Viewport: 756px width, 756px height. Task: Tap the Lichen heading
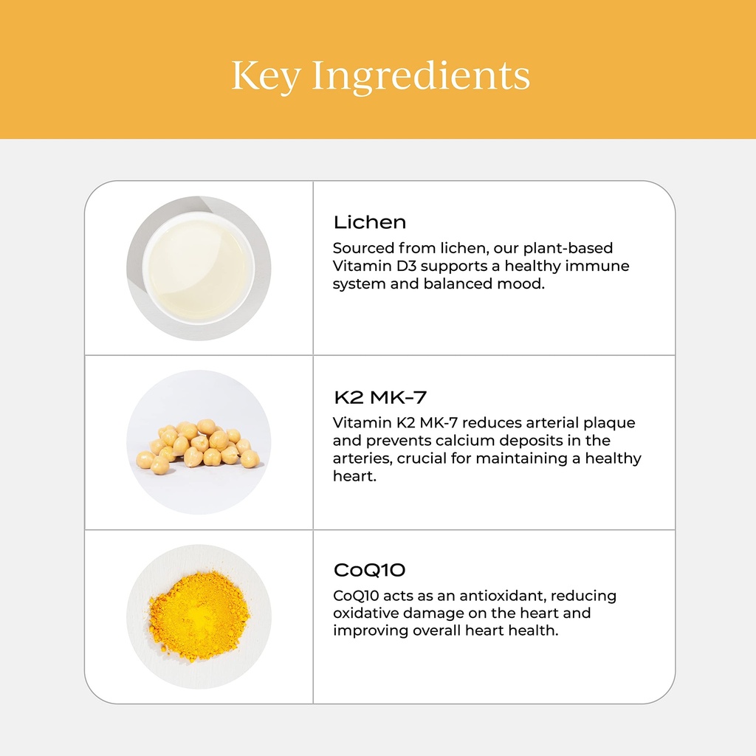tap(369, 222)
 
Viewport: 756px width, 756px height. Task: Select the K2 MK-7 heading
tap(379, 397)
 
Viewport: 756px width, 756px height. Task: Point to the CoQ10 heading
tap(369, 571)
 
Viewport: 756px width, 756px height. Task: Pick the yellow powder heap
tap(199, 615)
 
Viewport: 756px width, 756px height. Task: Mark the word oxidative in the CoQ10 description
tap(366, 614)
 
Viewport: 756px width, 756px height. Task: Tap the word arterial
tap(551, 423)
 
